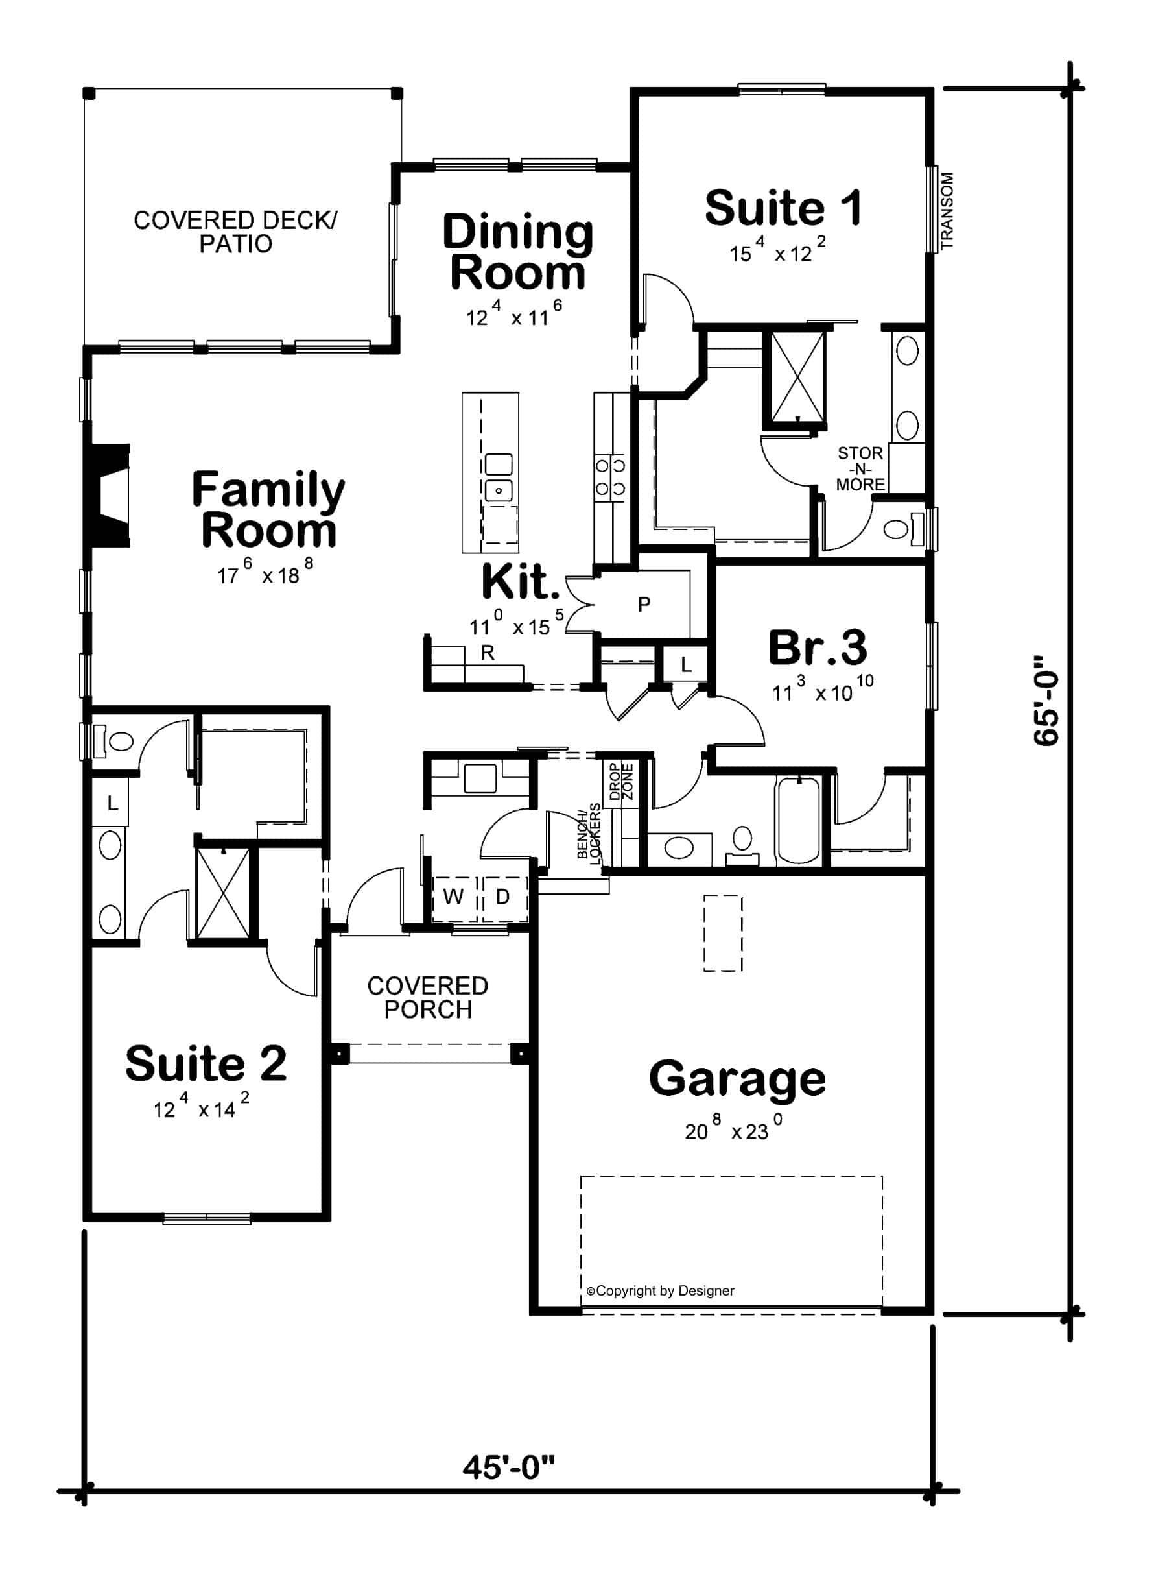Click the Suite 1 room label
coord(783,208)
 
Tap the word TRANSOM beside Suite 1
coord(947,210)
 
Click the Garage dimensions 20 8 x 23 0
coord(733,1130)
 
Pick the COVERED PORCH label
coord(427,997)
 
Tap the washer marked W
coord(453,897)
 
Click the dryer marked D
coord(503,897)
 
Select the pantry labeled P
coord(644,604)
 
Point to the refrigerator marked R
coord(488,653)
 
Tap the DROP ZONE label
coord(621,781)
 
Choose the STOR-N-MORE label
coord(860,468)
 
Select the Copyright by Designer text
coord(661,1290)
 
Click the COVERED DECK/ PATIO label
coord(235,232)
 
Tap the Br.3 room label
coord(818,647)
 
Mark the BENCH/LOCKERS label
coord(589,834)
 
